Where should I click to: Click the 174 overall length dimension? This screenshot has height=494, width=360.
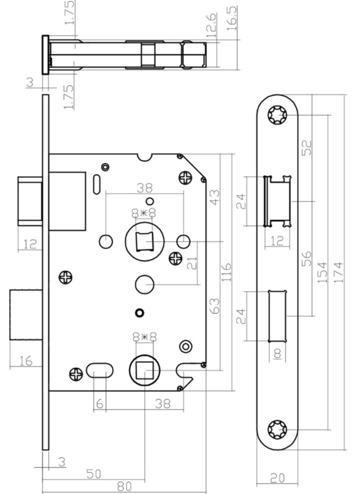coord(338,272)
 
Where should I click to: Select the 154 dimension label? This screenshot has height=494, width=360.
coord(322,272)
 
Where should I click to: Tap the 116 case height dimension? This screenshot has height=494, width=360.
coord(227,272)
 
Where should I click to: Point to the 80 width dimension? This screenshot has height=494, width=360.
coord(124,487)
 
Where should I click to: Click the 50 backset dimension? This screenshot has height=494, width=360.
coord(93,474)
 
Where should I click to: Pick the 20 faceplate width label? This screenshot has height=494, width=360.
coord(277,478)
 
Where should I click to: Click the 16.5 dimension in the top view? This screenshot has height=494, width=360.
coord(232,18)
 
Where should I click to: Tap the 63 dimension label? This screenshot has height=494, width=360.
coord(215,306)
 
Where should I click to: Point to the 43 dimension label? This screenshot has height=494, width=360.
coord(215,197)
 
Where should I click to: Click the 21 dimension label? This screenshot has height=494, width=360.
coord(192,263)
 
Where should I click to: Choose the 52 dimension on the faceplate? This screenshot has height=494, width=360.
coord(306,148)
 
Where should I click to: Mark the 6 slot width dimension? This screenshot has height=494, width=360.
coord(99,404)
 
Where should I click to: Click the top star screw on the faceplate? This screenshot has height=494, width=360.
coord(277,115)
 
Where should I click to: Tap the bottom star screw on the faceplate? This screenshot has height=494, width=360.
coord(277,429)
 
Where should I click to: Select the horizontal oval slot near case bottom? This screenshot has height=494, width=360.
coord(99,371)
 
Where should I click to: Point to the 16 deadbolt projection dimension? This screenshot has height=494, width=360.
coord(25,361)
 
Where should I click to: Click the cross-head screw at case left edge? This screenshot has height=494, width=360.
coord(65,277)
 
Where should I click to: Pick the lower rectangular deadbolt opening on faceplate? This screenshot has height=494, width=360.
coord(277,316)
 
